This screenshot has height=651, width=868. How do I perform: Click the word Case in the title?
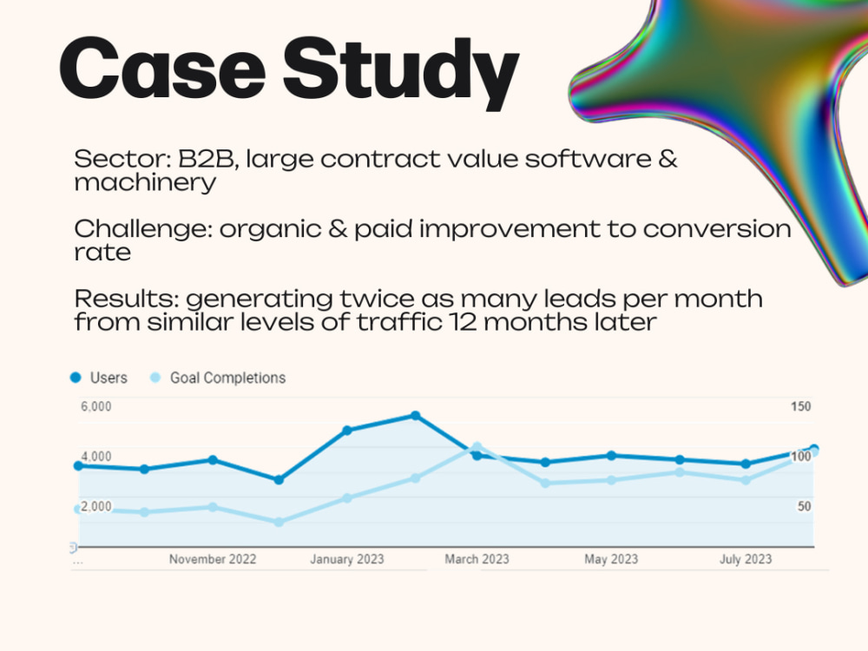point(162,68)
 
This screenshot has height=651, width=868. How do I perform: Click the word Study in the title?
point(401,73)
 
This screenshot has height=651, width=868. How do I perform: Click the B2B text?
point(208,160)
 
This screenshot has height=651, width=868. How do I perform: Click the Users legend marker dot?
point(76,378)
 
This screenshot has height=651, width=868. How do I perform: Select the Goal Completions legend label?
point(227,378)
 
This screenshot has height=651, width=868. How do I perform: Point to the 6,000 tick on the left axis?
point(95,406)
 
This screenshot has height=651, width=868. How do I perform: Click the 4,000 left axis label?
point(95,457)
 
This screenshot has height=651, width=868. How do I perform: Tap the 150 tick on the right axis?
point(800,406)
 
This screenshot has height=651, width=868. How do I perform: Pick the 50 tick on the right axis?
point(804,506)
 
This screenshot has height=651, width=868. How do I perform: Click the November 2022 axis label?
point(213,559)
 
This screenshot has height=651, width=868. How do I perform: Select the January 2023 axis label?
point(347,559)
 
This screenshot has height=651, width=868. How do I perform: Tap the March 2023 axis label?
point(477,559)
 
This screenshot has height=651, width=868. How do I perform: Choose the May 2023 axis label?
point(611,559)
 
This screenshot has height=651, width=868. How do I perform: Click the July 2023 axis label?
point(746,559)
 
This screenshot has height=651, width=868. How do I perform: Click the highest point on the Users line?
point(415,416)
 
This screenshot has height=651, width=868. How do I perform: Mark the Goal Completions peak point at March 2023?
point(477,446)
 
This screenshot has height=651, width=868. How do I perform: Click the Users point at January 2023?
point(347,431)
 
